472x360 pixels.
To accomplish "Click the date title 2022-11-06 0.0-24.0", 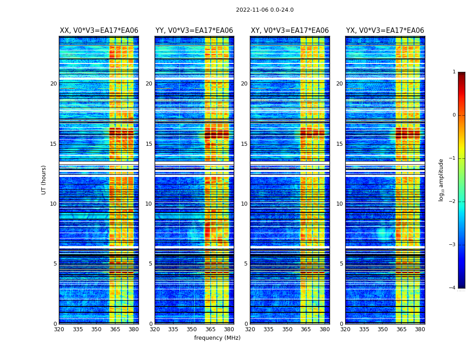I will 265,10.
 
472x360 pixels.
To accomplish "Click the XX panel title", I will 99,31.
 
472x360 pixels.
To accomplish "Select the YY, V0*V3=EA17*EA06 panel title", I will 194,31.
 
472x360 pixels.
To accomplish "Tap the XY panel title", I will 289,31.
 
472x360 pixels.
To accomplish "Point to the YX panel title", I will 385,31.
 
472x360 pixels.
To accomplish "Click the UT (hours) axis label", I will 44,180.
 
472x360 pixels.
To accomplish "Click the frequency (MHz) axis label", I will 217,338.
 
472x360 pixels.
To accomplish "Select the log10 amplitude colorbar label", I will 441,180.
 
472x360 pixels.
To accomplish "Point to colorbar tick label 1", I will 454,72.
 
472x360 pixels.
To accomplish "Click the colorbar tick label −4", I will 453,288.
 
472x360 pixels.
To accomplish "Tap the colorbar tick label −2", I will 453,202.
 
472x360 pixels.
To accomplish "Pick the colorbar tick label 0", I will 454,115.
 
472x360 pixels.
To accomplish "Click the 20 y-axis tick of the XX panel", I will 53,84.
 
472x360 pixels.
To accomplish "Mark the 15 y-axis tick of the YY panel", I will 149,144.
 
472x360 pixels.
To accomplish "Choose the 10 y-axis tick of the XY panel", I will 244,204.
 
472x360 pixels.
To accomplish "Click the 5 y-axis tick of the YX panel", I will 341,264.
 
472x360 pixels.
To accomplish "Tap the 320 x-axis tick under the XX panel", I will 59,329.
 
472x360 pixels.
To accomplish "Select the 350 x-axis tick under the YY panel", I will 192,329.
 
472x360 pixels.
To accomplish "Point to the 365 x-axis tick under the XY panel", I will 306,329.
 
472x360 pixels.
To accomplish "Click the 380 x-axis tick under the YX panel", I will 420,329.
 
